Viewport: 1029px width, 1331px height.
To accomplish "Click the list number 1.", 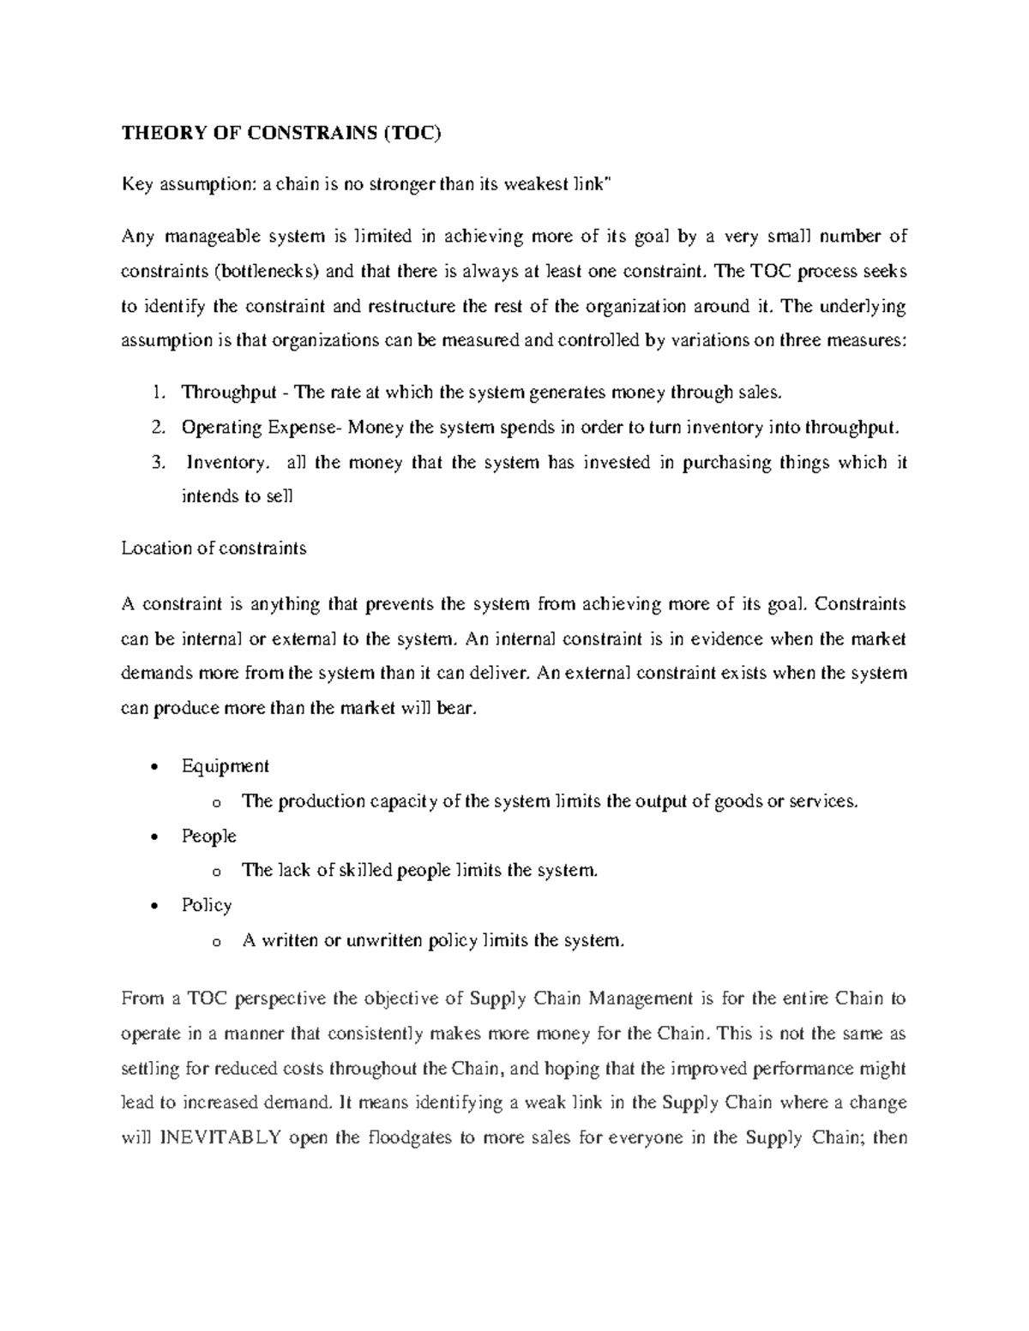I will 157,393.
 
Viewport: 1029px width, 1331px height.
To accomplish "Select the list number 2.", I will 157,427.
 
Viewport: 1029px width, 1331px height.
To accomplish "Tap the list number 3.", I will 157,462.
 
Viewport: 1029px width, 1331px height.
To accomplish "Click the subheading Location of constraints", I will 214,549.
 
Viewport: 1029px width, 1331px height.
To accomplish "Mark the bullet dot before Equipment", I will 153,767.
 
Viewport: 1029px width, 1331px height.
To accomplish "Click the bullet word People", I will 208,836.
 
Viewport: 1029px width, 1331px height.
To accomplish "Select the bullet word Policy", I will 207,905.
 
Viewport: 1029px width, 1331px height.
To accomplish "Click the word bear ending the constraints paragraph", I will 453,710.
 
